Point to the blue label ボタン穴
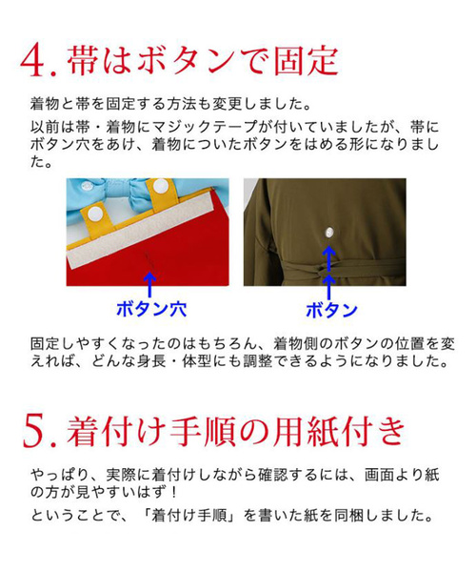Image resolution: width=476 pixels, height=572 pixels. point(149,309)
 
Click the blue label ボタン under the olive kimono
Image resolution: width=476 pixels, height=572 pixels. point(330,309)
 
